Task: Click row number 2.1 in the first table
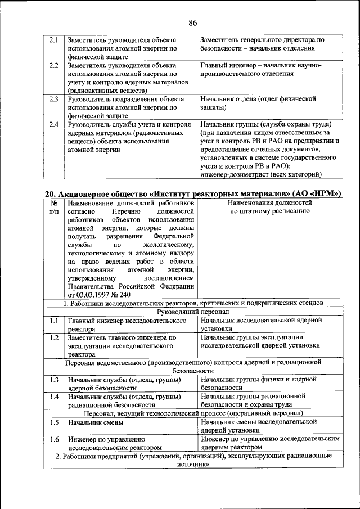click(54, 40)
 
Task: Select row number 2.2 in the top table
click(54, 66)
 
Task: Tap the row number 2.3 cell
click(54, 100)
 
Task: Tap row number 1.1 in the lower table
click(54, 321)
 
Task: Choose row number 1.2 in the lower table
click(54, 337)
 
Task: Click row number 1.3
click(54, 380)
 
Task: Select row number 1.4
click(54, 397)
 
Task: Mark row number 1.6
click(54, 439)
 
